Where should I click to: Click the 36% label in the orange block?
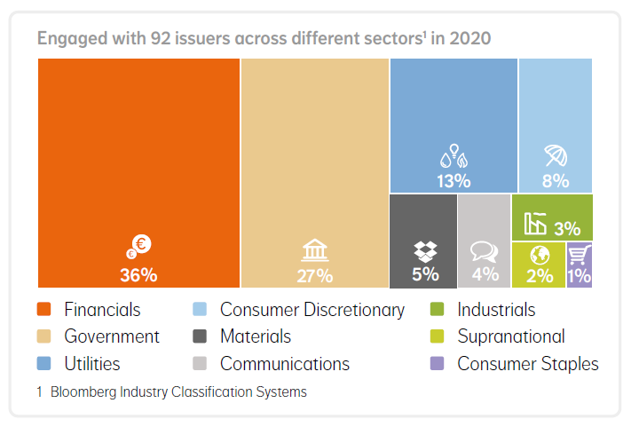click(x=138, y=274)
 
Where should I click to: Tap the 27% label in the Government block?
click(x=315, y=275)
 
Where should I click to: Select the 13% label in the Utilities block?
click(x=454, y=180)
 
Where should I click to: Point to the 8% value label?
click(x=556, y=180)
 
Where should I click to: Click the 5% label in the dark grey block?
click(x=425, y=274)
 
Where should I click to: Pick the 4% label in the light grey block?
click(x=485, y=274)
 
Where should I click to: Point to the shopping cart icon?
click(x=580, y=256)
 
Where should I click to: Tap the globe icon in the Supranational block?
click(x=539, y=255)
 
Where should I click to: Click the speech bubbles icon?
click(x=485, y=252)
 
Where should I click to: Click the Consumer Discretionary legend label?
click(x=312, y=310)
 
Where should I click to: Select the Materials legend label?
click(x=256, y=336)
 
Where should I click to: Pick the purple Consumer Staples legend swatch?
click(x=436, y=364)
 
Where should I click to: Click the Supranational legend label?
click(x=511, y=336)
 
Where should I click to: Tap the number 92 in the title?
click(x=138, y=39)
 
